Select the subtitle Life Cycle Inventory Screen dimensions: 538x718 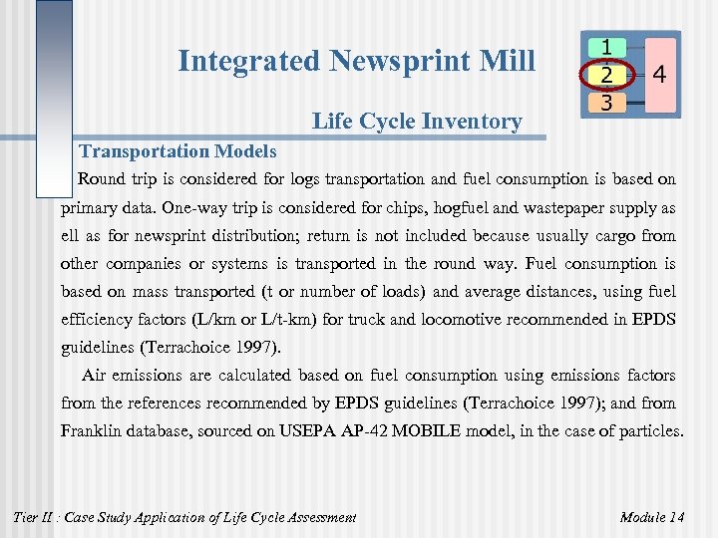click(417, 123)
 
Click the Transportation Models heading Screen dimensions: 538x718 click(178, 151)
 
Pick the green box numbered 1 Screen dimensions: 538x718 click(607, 47)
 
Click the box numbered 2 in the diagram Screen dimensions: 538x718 click(607, 74)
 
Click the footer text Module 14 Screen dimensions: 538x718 click(651, 516)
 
